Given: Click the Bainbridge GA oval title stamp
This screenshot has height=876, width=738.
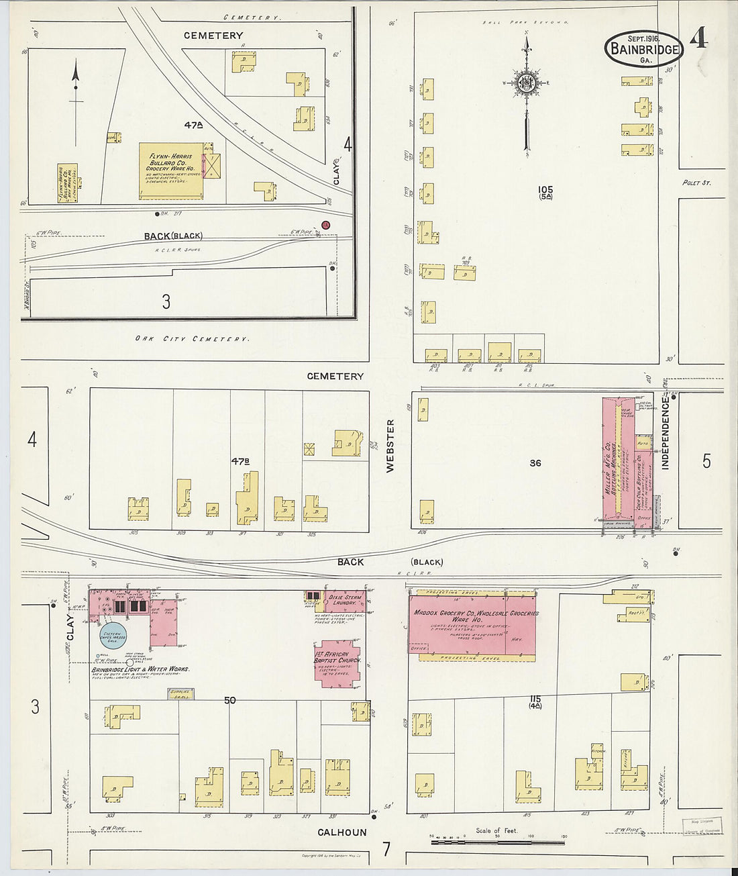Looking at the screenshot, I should click(x=643, y=48).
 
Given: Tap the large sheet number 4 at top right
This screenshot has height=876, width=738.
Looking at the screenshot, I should click(x=698, y=39).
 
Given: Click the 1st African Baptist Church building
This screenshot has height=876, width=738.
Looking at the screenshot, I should click(x=337, y=660).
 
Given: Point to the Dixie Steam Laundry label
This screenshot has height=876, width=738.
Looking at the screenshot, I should click(x=346, y=599).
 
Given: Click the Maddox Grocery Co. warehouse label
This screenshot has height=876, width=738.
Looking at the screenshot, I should click(x=476, y=616).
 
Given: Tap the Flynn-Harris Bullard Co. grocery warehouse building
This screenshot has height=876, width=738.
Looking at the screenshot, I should click(x=171, y=171).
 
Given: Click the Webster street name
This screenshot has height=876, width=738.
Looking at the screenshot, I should click(x=390, y=446).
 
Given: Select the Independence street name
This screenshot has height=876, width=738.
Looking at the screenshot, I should click(x=666, y=433).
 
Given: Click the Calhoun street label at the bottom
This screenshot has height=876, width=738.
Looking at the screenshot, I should click(x=342, y=832).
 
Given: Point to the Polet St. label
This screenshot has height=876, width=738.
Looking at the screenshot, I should click(x=696, y=183).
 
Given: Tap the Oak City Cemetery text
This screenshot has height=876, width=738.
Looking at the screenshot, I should click(x=192, y=339).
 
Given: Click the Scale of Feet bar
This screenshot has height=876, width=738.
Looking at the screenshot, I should click(x=497, y=841).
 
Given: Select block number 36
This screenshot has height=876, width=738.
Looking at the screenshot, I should click(x=535, y=463).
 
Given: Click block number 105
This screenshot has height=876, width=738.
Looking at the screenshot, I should click(x=545, y=190).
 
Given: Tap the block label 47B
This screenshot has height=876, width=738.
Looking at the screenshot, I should click(x=240, y=461).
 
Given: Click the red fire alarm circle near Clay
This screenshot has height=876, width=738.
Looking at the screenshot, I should click(x=326, y=225).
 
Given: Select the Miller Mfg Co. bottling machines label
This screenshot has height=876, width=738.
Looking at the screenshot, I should click(x=607, y=463).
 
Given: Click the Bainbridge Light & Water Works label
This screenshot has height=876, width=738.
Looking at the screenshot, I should click(x=140, y=669).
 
